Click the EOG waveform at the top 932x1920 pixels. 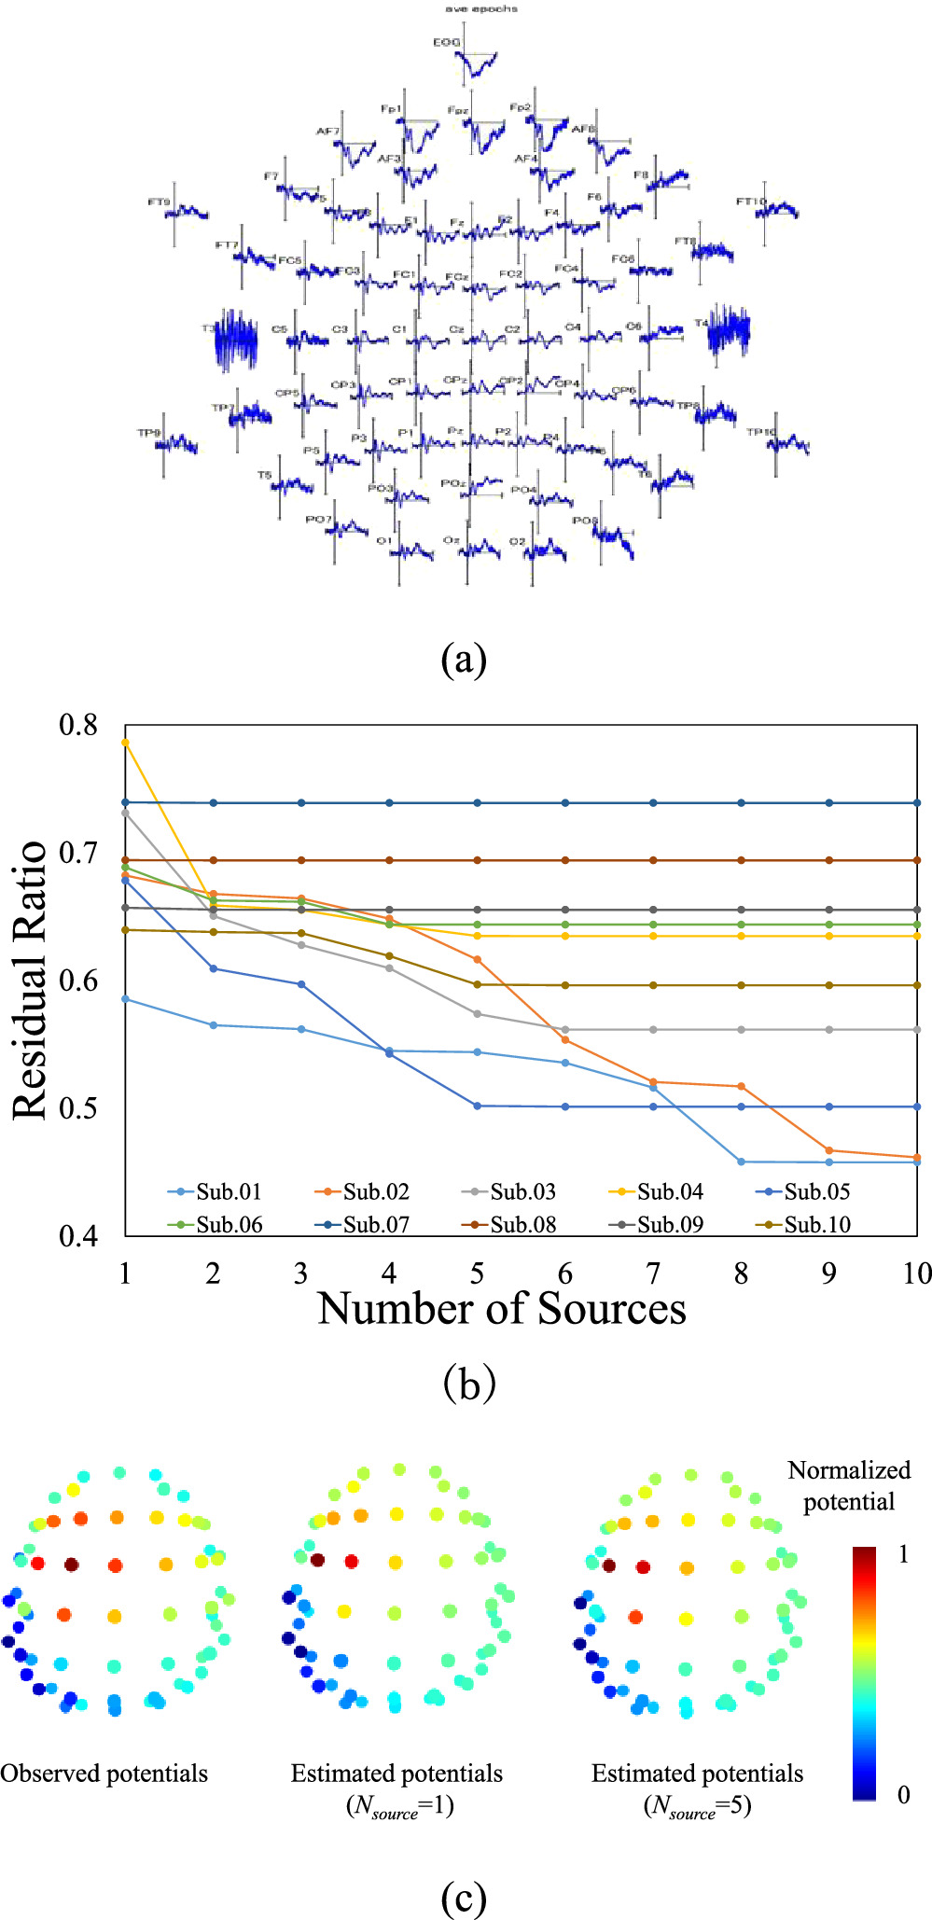(x=476, y=63)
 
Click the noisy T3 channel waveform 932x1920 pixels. (x=236, y=340)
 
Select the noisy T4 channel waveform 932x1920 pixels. (x=729, y=329)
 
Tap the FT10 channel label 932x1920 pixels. (x=750, y=202)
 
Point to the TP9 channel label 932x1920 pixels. (x=149, y=433)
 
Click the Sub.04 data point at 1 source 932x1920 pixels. (x=125, y=743)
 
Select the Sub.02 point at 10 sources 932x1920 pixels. (x=917, y=1158)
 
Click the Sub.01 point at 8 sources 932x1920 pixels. (x=741, y=1162)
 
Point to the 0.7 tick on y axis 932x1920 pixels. (x=78, y=853)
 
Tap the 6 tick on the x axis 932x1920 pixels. (x=565, y=1274)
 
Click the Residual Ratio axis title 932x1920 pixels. (x=30, y=980)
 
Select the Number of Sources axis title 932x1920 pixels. (x=502, y=1309)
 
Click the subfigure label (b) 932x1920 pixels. (x=468, y=1384)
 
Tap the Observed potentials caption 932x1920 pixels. (x=104, y=1774)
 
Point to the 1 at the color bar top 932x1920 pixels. (x=903, y=1555)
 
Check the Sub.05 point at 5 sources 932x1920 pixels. (x=478, y=1106)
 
